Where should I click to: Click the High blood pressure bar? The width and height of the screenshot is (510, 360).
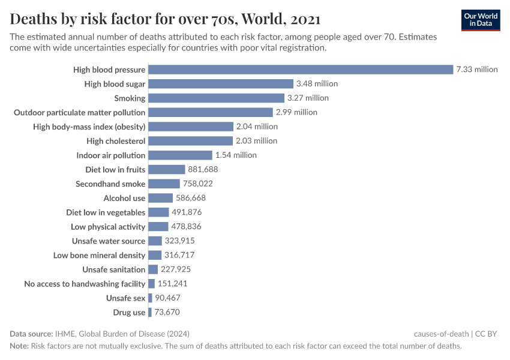click(x=300, y=70)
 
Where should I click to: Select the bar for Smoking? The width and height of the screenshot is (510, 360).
click(x=216, y=98)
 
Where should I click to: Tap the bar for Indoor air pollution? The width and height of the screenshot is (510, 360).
click(x=180, y=155)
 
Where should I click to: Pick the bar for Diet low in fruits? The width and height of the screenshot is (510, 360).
click(x=166, y=170)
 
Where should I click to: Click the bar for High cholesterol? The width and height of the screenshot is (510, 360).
click(x=190, y=141)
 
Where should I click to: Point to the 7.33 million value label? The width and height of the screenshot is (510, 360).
click(x=477, y=70)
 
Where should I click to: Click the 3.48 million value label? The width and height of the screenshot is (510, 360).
click(x=317, y=84)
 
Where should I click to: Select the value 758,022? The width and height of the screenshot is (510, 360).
click(x=198, y=184)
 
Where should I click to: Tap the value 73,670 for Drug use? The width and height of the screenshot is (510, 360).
click(x=167, y=313)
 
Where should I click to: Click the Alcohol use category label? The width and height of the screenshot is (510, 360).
click(x=124, y=198)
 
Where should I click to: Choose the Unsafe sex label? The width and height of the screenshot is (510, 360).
click(x=125, y=298)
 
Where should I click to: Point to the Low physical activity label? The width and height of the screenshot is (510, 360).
click(x=108, y=227)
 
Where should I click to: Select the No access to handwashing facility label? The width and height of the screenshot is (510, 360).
click(x=85, y=284)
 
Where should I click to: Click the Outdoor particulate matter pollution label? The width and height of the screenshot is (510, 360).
click(x=79, y=112)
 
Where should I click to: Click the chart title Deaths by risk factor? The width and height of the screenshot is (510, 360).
click(x=165, y=19)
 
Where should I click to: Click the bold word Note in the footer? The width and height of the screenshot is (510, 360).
click(x=19, y=346)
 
